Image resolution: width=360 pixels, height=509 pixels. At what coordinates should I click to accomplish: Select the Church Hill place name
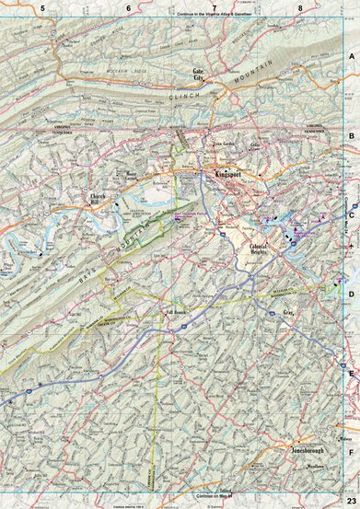point(99,198)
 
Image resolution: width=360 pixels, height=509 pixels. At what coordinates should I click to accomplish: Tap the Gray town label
point(261,314)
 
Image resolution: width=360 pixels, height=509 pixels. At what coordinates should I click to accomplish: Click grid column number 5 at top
point(41,7)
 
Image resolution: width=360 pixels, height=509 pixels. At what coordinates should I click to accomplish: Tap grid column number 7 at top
point(215,7)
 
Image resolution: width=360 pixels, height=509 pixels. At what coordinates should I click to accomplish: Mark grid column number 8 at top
point(301,7)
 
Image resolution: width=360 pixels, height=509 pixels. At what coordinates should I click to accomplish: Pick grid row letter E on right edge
point(351,373)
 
